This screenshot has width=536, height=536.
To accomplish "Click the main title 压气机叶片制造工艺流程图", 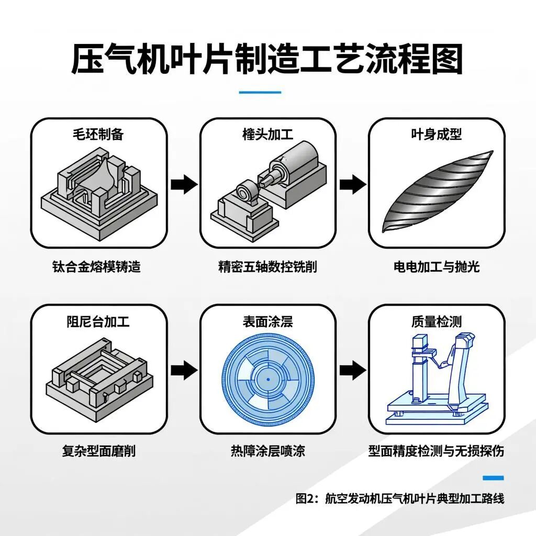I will tap(267, 60).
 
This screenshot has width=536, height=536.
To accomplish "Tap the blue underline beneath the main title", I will tap(260, 93).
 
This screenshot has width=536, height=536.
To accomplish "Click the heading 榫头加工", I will tap(267, 134).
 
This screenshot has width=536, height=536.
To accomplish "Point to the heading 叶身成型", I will tap(437, 134).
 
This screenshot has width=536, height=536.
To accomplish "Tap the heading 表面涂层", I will tap(267, 321).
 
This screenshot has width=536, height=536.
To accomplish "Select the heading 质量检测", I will tap(437, 321).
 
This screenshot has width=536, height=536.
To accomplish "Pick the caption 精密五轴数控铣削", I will tap(267, 267).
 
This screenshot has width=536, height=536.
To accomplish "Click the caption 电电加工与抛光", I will tap(437, 267).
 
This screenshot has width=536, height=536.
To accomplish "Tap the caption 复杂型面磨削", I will tap(98, 451).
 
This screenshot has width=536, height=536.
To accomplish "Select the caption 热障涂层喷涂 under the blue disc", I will tap(267, 451).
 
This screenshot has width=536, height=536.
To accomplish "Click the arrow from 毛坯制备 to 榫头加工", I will tap(184, 184).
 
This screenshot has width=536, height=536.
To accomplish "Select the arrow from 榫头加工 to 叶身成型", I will tap(353, 184).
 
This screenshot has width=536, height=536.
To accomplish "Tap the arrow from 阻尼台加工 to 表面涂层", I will tap(184, 370).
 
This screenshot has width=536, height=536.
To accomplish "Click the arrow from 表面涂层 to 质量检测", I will tap(353, 370).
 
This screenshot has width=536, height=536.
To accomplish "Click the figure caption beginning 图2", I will tap(399, 498).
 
